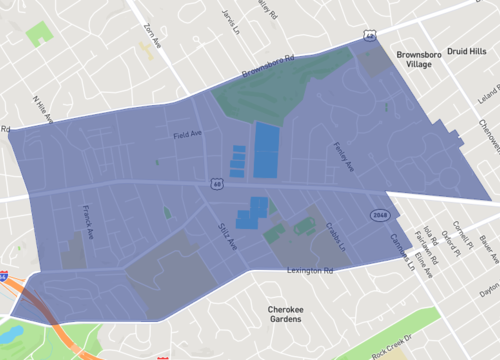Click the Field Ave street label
click(x=188, y=134)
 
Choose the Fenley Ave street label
click(x=342, y=155)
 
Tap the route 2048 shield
click(x=379, y=214)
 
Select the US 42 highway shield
click(x=369, y=36)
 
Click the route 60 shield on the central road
click(x=216, y=183)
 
